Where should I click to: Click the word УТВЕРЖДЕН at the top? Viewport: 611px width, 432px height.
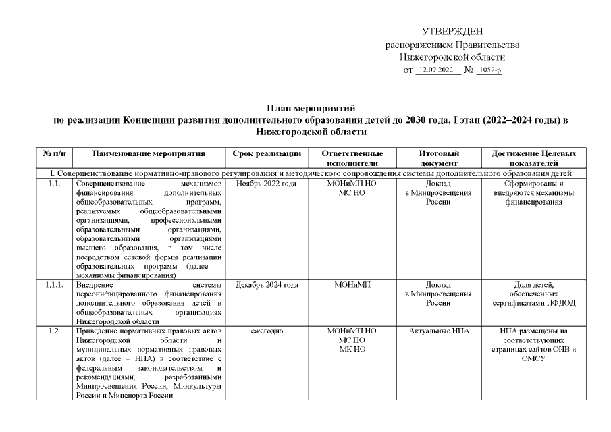click(x=452, y=32)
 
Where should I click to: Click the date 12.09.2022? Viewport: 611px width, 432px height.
click(x=436, y=70)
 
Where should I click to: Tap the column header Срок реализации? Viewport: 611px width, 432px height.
click(x=267, y=154)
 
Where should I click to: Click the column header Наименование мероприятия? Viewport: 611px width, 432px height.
click(x=149, y=154)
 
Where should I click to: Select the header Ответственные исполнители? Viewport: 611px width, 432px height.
click(x=351, y=159)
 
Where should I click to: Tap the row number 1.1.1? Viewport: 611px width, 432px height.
click(x=55, y=285)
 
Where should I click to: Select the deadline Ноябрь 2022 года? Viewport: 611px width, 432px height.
click(x=267, y=184)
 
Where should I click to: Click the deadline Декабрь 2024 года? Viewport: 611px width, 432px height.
click(x=267, y=285)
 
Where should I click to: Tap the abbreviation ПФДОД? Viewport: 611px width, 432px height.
click(x=560, y=303)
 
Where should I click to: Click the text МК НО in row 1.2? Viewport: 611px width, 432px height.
click(x=351, y=349)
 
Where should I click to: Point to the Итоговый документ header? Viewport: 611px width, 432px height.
click(x=439, y=159)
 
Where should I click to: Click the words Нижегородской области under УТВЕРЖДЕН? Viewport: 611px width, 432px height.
click(x=452, y=57)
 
